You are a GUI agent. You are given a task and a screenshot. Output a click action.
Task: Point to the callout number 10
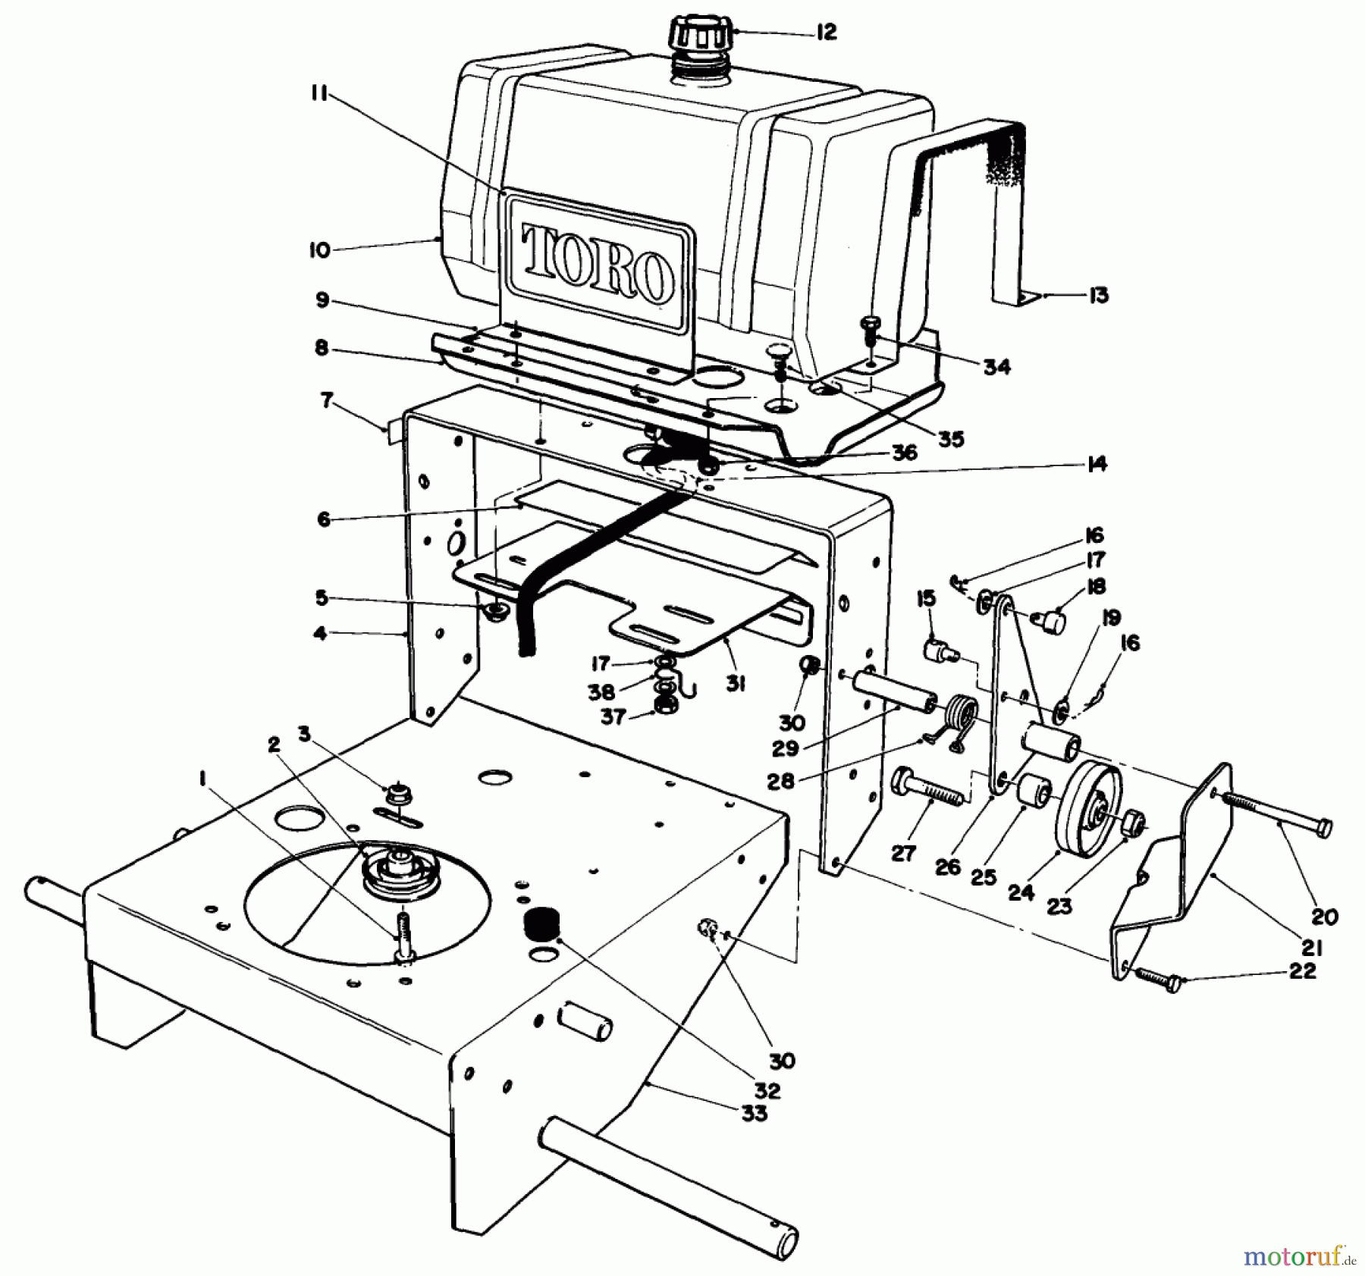tap(320, 249)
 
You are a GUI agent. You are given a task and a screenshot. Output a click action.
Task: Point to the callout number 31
tap(735, 683)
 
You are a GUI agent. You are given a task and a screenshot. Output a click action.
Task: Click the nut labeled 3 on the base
tap(396, 795)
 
